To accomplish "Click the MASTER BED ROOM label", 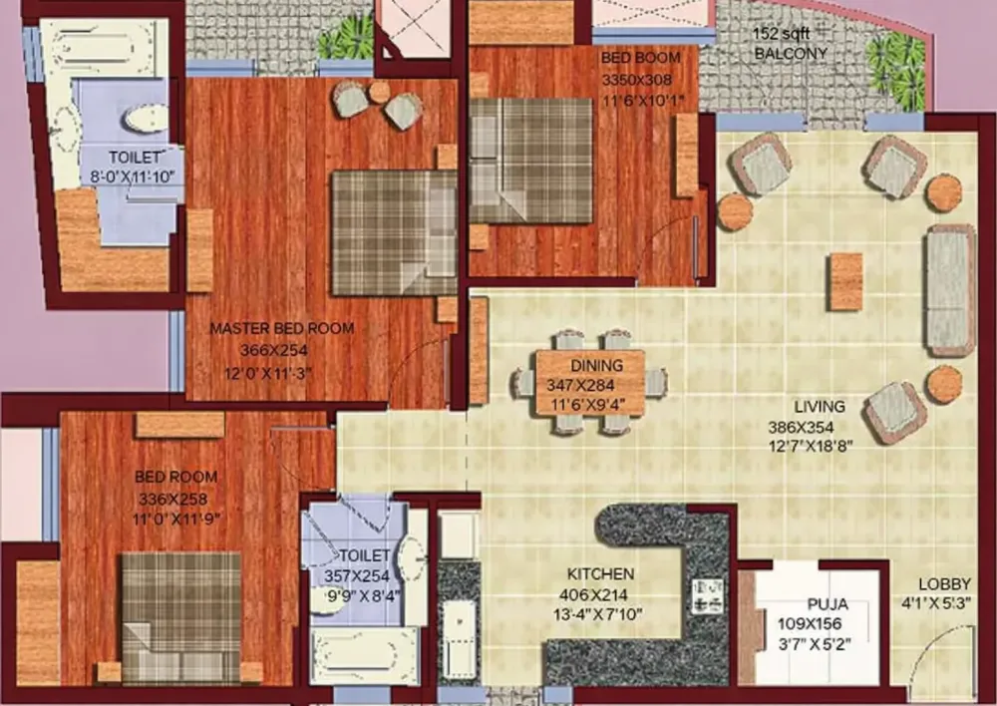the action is (282, 329).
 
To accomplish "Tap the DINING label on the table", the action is (596, 366).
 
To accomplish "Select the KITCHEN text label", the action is (600, 574).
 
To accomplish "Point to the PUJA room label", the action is (828, 604).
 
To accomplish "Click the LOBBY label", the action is (944, 584).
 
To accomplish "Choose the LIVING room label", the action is (820, 407).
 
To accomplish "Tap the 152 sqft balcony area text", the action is (782, 34).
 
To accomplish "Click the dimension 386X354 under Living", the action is (810, 428).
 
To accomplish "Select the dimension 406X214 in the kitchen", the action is (593, 595).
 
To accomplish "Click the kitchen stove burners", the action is (706, 595).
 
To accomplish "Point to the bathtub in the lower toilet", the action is (364, 656).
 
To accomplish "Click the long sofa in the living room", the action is (950, 290).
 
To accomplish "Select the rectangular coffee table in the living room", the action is (846, 281).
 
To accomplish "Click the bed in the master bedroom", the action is (394, 232).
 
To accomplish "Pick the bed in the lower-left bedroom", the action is (181, 617).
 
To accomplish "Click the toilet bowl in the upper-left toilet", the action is (147, 118).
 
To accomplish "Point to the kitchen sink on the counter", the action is (459, 637).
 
